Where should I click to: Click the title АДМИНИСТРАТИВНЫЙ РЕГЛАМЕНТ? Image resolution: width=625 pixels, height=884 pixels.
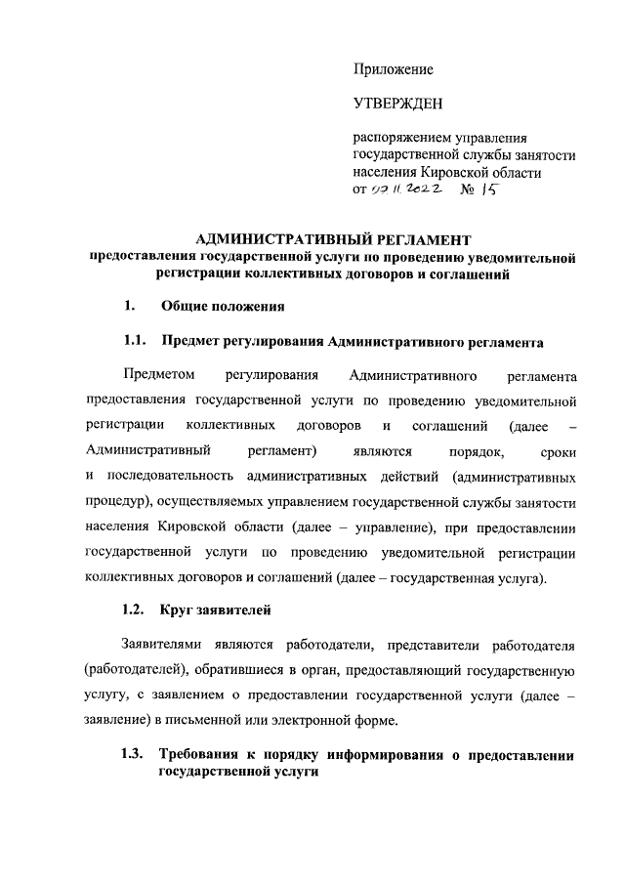click(333, 239)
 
